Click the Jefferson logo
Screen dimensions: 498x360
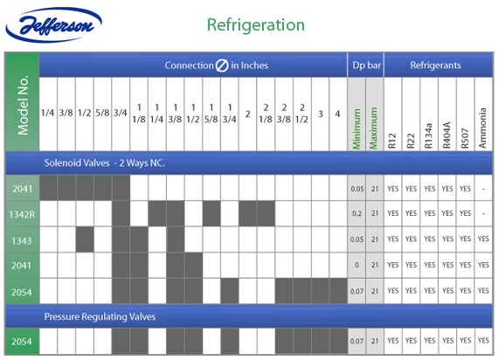point(53,24)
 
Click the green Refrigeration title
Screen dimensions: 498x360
point(256,24)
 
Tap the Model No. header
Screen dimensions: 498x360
point(23,105)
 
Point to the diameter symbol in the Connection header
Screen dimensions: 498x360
point(222,66)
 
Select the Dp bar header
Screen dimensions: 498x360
point(367,66)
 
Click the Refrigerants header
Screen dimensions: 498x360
point(435,66)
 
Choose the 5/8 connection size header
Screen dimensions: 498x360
point(102,113)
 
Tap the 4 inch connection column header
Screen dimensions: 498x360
point(337,114)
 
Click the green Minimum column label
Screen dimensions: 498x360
point(356,128)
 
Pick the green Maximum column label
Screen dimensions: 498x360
point(374,128)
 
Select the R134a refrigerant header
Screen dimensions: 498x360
point(428,135)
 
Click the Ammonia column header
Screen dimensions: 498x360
point(483,128)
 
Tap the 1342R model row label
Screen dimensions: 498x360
point(22,214)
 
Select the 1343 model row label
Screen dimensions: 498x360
point(22,241)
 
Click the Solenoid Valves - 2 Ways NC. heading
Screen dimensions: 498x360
point(105,163)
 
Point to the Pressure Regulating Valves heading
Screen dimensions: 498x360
point(100,316)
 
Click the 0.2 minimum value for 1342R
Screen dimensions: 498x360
point(356,213)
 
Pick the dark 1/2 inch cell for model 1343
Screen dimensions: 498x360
point(85,239)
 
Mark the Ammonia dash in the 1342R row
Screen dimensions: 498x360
point(483,213)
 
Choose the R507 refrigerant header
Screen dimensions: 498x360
point(465,138)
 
